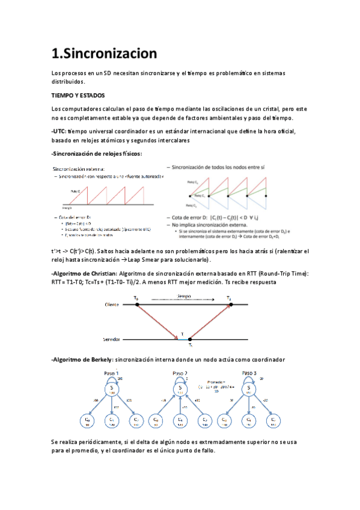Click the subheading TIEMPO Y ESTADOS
tap(78, 95)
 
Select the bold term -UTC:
tap(59, 131)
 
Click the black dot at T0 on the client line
tap(138, 305)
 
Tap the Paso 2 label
tap(180, 372)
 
